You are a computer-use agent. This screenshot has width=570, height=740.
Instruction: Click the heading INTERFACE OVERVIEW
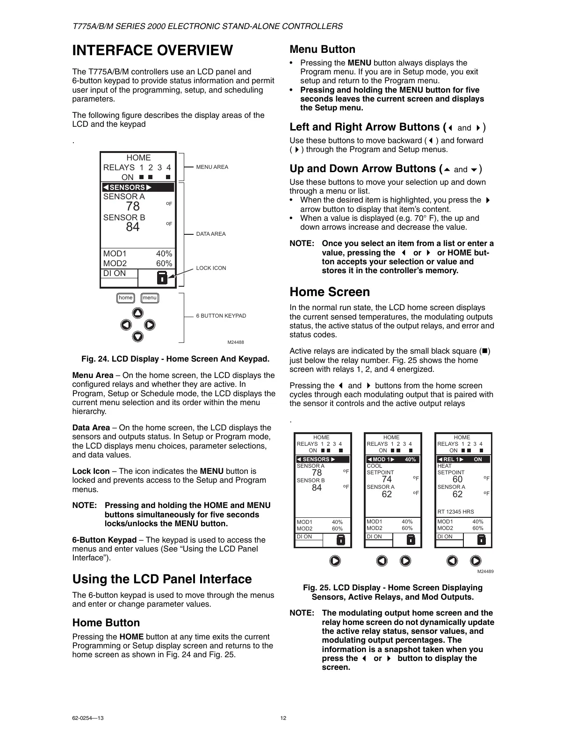(152, 51)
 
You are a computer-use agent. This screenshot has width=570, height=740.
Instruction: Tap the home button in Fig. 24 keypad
(125, 298)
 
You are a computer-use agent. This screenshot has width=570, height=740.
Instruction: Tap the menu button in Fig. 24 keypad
(150, 298)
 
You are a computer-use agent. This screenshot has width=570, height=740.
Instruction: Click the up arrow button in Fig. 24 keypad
(137, 313)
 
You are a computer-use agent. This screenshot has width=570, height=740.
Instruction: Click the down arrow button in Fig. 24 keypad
(137, 336)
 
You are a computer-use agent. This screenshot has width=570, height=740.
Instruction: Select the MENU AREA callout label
(212, 167)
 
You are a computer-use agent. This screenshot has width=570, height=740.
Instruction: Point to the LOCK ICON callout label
(211, 268)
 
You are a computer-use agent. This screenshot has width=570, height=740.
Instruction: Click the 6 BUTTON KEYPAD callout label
(221, 316)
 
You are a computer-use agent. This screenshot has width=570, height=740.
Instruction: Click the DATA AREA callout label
(210, 234)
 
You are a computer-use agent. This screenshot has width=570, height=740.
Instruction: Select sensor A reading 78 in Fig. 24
(133, 206)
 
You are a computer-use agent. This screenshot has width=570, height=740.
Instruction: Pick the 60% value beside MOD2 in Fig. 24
(164, 263)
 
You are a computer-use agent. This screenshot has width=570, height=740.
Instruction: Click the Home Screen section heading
(330, 292)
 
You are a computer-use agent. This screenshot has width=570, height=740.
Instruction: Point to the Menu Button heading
(322, 50)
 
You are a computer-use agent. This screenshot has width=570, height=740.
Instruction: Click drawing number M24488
(236, 342)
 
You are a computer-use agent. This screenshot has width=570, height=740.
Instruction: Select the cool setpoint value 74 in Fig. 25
(387, 479)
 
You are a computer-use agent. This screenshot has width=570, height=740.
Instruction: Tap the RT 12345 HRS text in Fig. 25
(455, 512)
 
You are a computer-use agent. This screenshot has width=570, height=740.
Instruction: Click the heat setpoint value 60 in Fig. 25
(457, 479)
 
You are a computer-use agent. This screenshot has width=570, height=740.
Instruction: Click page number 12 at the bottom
(283, 718)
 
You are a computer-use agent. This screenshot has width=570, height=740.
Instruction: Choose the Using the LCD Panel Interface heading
(162, 579)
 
